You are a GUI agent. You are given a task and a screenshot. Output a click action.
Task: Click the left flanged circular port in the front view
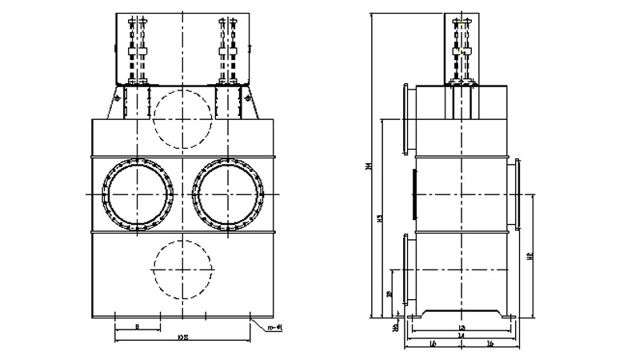(x=138, y=194)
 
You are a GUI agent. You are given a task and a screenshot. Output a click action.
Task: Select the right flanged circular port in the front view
(x=230, y=194)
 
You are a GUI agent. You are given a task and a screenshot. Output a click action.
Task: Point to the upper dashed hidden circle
(x=183, y=117)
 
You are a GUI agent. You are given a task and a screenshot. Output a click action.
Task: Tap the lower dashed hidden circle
(x=183, y=269)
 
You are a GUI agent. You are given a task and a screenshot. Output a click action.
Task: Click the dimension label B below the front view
(x=138, y=327)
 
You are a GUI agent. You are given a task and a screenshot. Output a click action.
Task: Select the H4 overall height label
(x=369, y=166)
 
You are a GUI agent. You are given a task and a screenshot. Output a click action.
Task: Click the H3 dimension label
(x=381, y=218)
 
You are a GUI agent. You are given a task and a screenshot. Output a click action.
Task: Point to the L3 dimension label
(x=461, y=328)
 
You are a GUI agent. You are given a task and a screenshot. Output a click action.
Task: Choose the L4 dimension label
(x=461, y=336)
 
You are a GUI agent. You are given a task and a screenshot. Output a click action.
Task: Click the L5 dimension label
(x=433, y=344)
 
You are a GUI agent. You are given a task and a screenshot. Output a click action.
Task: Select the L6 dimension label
(x=489, y=344)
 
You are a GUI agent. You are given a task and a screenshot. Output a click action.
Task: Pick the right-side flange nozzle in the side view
(x=517, y=194)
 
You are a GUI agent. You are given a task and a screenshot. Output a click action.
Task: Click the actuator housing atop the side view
(x=461, y=48)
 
